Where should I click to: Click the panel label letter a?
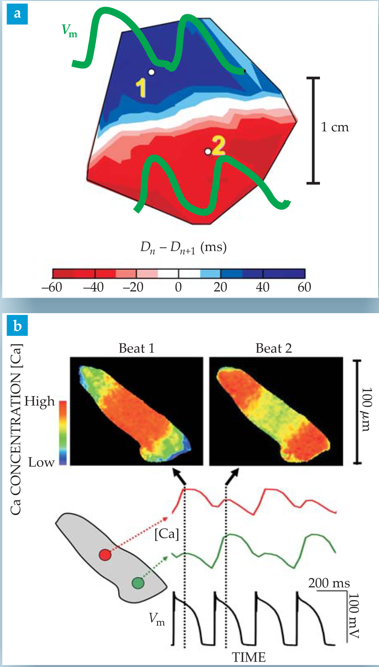(x=17, y=14)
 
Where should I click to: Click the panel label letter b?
(x=17, y=326)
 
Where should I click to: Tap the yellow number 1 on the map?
(x=141, y=87)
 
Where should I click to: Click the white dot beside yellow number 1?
(x=151, y=72)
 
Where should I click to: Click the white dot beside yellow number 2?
(x=208, y=152)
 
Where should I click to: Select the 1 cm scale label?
(x=335, y=127)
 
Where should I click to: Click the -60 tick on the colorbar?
(x=52, y=287)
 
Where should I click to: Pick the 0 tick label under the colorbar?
(x=178, y=287)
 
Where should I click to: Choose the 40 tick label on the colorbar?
(x=262, y=287)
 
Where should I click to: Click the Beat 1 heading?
(x=136, y=348)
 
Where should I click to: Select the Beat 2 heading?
(x=274, y=348)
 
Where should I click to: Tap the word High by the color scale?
(x=39, y=401)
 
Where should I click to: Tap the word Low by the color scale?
(x=41, y=463)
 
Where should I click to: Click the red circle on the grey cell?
(x=105, y=555)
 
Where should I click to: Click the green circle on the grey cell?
(x=138, y=583)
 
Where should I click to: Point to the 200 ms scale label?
(x=329, y=583)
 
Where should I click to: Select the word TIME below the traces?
(x=249, y=657)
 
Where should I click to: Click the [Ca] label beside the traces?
(x=167, y=534)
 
